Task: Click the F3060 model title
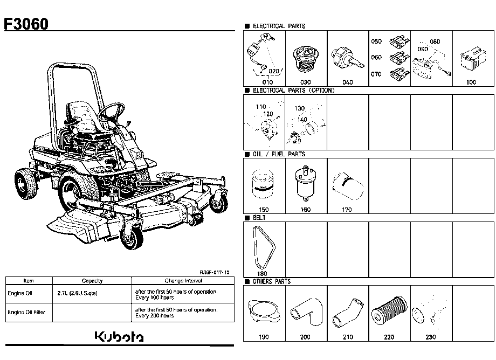pyautogui.click(x=26, y=24)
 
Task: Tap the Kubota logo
pyautogui.click(x=119, y=337)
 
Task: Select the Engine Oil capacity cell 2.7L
pyautogui.click(x=78, y=293)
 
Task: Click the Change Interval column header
pyautogui.click(x=183, y=281)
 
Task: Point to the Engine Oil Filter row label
pyautogui.click(x=26, y=312)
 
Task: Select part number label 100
pyautogui.click(x=471, y=82)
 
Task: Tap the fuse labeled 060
pyautogui.click(x=399, y=58)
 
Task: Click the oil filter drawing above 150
pyautogui.click(x=263, y=184)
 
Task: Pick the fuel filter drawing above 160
pyautogui.click(x=305, y=183)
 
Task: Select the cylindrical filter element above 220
pyautogui.click(x=389, y=311)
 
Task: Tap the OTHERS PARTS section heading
pyautogui.click(x=271, y=282)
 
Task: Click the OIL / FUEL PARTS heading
pyautogui.click(x=279, y=154)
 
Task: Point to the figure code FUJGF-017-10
pyautogui.click(x=215, y=273)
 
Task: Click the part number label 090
pyautogui.click(x=423, y=49)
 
